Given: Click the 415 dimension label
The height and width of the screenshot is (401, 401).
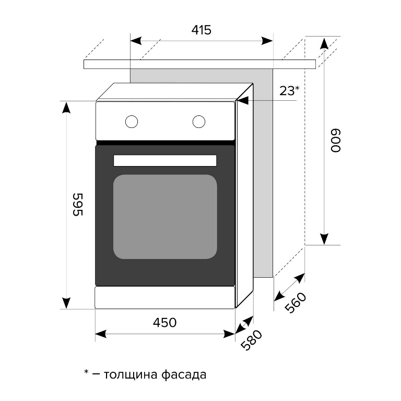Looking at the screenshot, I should [x=201, y=30].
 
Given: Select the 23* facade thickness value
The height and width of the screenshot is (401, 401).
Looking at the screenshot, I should [x=289, y=91].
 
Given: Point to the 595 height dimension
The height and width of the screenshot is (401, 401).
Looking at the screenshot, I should [x=76, y=205].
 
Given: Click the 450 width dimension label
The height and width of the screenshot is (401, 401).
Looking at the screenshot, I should [x=164, y=323].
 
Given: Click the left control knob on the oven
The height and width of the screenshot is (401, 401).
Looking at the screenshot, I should [x=132, y=122].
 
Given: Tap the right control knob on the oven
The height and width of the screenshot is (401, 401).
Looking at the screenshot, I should [x=198, y=122].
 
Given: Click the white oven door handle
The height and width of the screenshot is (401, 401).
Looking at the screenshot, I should [x=164, y=160].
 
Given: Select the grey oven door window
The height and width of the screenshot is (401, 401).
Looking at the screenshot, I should [x=164, y=217].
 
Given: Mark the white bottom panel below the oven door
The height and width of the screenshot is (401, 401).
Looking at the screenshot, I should [x=164, y=297].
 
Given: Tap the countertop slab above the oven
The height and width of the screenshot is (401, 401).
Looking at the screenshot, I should [x=198, y=64].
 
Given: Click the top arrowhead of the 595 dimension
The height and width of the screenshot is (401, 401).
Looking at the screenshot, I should [x=66, y=108].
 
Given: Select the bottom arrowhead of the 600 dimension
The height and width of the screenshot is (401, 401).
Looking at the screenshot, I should [x=324, y=238].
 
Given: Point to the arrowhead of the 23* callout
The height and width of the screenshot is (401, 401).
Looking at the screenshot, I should [x=244, y=101].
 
